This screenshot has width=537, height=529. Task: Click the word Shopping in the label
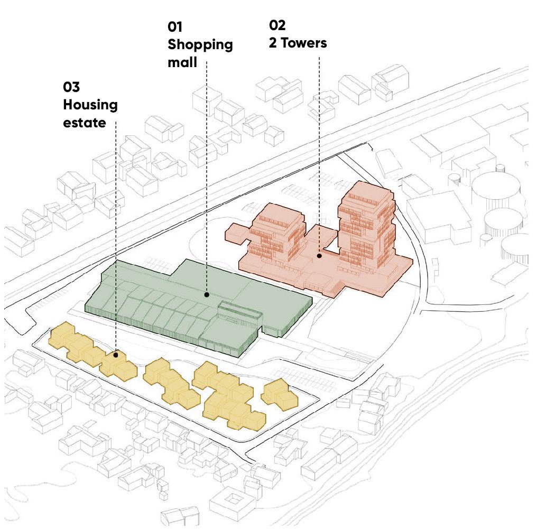point(200,45)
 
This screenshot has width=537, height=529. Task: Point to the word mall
point(182,62)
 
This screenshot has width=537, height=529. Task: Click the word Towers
point(304,43)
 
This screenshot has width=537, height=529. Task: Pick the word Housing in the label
point(90,105)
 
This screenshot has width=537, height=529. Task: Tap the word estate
point(85,123)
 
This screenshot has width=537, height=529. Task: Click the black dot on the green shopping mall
point(207,294)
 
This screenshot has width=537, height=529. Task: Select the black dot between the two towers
point(319,256)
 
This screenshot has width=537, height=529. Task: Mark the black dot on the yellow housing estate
point(116,355)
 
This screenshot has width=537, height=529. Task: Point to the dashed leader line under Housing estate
point(116,238)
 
